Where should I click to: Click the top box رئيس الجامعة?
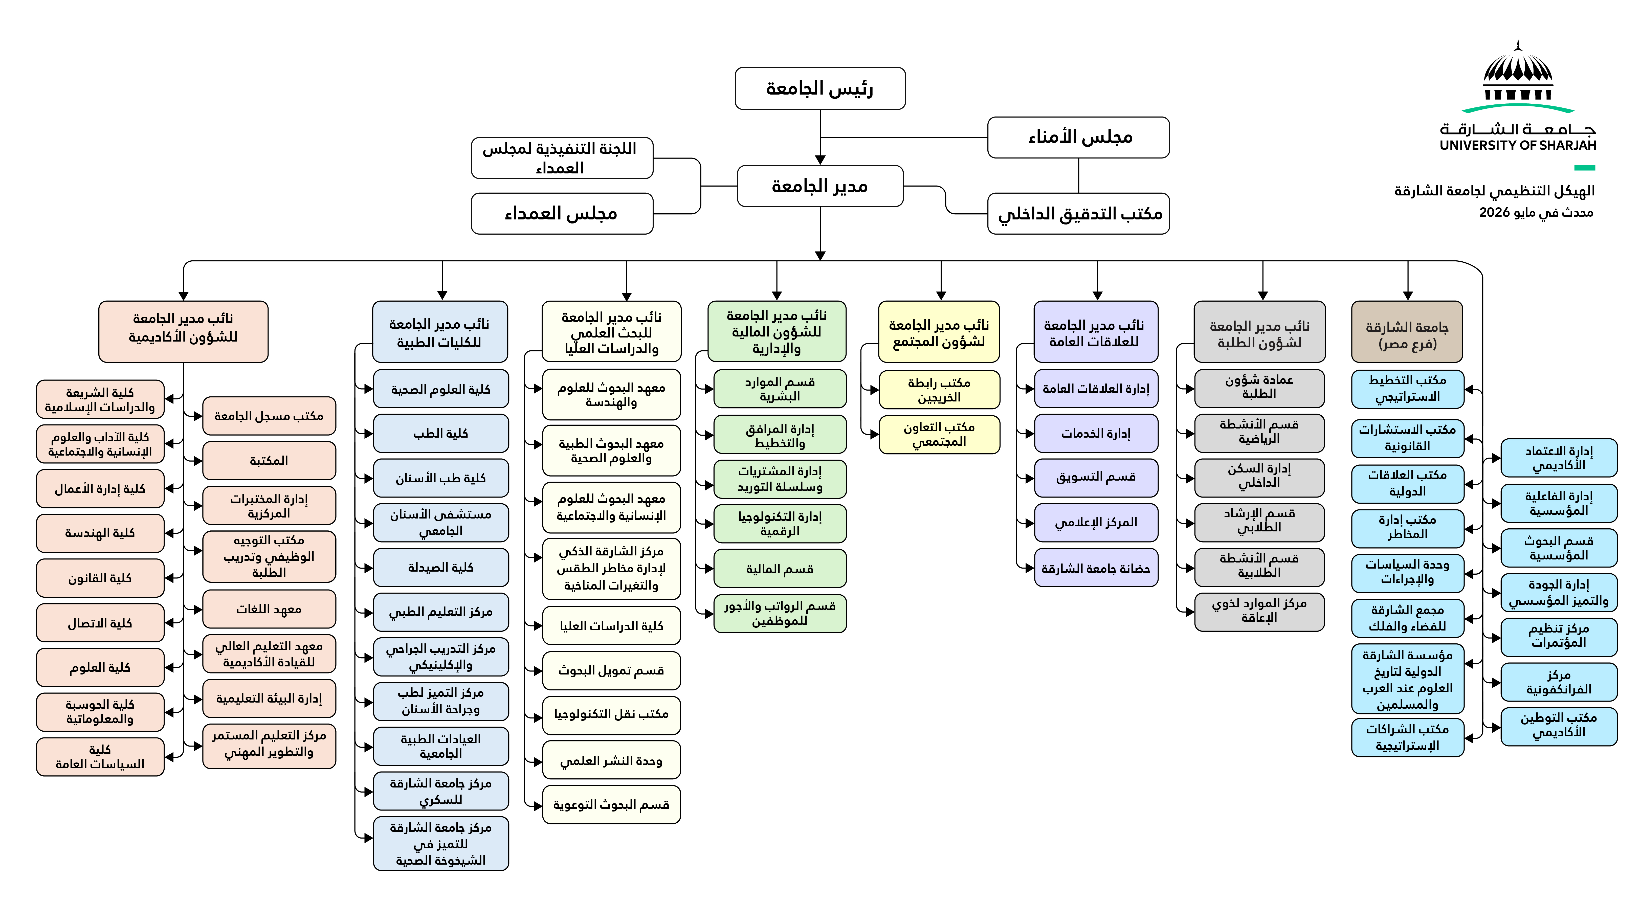pyautogui.click(x=820, y=88)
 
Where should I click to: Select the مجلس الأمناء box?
pyautogui.click(x=1078, y=137)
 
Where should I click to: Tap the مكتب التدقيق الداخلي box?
pyautogui.click(x=1078, y=213)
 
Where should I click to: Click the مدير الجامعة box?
pyautogui.click(x=820, y=186)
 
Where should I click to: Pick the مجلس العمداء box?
pyautogui.click(x=562, y=213)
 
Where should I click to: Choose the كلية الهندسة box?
pyautogui.click(x=100, y=533)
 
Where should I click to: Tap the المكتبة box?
pyautogui.click(x=269, y=461)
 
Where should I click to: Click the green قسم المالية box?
pyautogui.click(x=780, y=568)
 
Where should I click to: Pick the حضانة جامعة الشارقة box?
pyautogui.click(x=1096, y=568)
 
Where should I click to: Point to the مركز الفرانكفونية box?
pyautogui.click(x=1559, y=682)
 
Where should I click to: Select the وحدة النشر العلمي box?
pyautogui.click(x=611, y=760)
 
